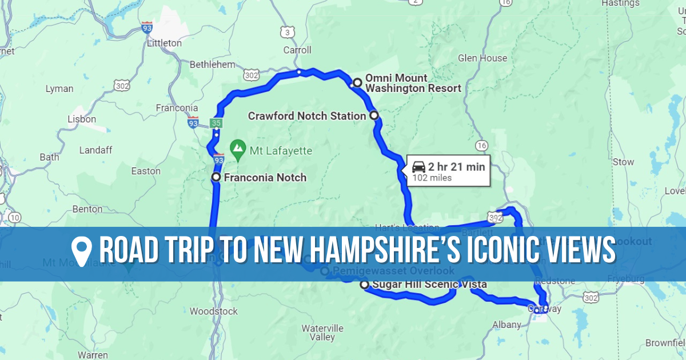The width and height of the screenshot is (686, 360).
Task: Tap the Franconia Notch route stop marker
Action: click(216, 178)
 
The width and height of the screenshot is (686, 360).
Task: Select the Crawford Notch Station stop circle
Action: click(374, 115)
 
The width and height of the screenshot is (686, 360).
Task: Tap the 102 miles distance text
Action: click(432, 178)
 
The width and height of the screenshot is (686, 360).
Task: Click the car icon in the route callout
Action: click(418, 167)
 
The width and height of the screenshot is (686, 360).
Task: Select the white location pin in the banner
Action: click(82, 252)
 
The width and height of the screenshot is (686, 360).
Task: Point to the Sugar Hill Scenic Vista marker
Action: click(364, 285)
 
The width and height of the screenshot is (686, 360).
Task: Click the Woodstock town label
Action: click(213, 311)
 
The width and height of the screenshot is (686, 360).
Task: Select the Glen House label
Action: click(482, 58)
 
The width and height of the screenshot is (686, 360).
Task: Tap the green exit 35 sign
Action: click(216, 123)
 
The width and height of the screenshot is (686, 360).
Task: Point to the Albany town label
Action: click(507, 325)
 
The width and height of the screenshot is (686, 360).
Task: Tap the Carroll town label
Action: click(297, 50)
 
